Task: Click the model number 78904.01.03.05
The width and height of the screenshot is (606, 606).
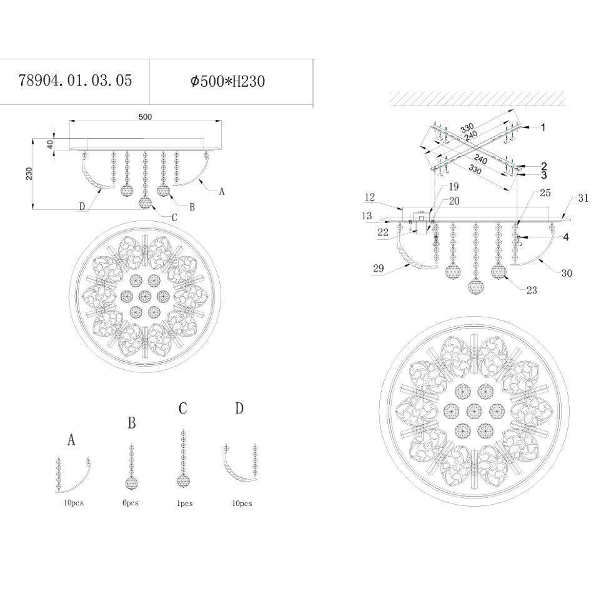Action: tap(76, 81)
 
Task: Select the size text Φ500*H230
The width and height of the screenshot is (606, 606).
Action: tap(227, 81)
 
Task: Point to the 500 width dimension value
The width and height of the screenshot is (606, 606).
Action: tap(146, 117)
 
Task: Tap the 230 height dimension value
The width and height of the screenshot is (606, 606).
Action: tap(29, 174)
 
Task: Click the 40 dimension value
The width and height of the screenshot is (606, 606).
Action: tap(50, 145)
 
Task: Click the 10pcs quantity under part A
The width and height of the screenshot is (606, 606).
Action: tap(74, 503)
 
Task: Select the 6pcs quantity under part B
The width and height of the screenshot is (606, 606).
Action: tap(131, 503)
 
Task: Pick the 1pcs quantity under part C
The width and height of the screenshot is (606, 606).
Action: tap(185, 504)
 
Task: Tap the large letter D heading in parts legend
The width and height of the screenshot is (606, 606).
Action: tap(240, 408)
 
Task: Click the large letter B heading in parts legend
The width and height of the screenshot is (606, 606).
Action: tap(132, 423)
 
